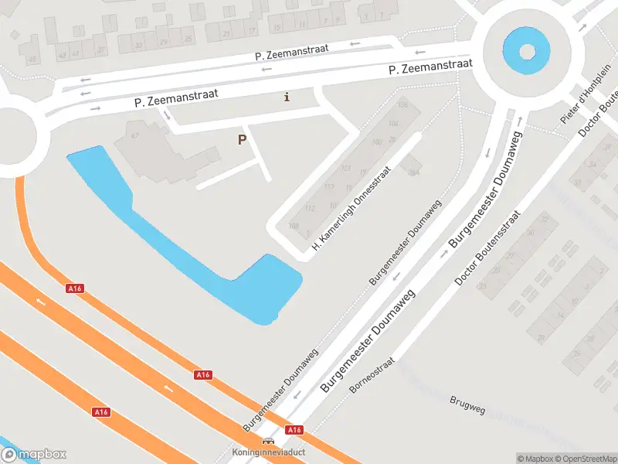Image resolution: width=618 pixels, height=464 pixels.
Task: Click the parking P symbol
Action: (x=242, y=140)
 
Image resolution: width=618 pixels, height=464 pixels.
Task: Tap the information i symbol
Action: (x=287, y=97)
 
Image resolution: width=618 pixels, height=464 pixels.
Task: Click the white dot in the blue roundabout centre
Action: (x=527, y=52)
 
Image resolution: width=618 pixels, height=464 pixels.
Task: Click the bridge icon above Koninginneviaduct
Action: (x=267, y=441)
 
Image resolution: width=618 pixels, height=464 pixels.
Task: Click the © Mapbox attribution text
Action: (x=537, y=459)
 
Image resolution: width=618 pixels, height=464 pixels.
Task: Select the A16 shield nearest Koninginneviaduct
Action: (x=294, y=429)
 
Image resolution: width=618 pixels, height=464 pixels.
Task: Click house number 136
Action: (x=402, y=105)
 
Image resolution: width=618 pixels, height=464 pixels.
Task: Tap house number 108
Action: (x=293, y=226)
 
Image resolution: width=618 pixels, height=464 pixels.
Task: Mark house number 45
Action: (x=32, y=60)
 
